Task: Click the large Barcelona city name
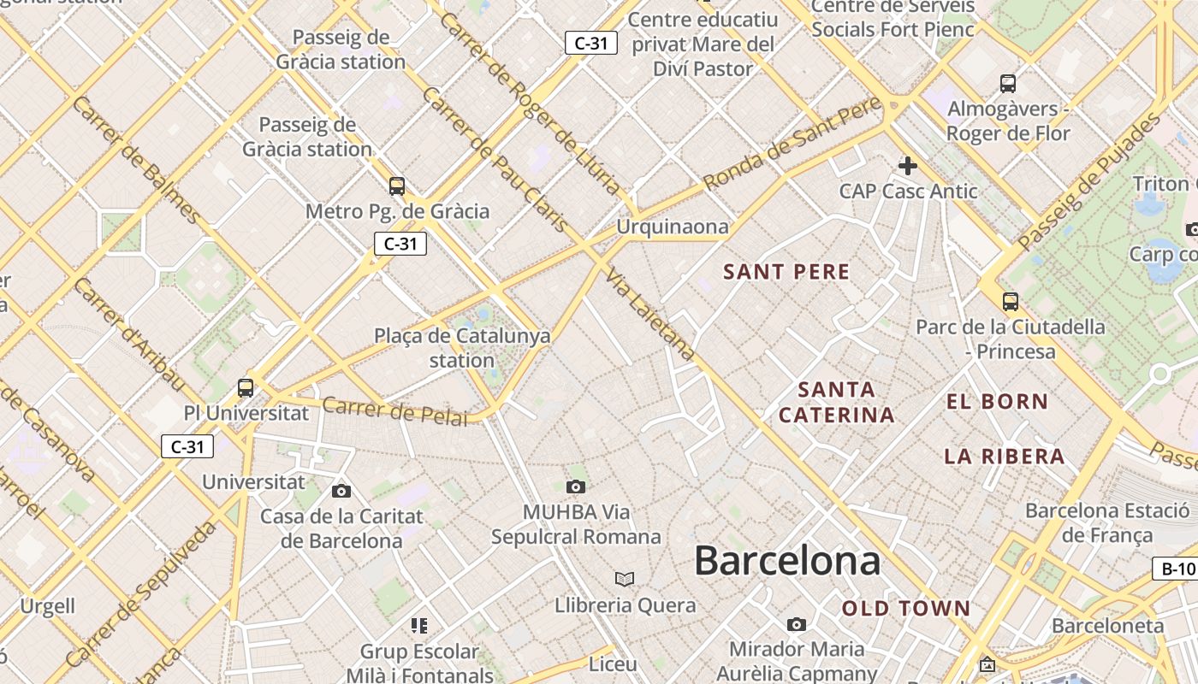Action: (x=787, y=562)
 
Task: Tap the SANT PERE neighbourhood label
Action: (x=786, y=273)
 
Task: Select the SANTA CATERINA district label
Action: (x=836, y=403)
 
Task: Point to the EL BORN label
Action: (x=997, y=401)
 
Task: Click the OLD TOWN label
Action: (x=906, y=609)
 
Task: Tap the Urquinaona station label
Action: (x=673, y=227)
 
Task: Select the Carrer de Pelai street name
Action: (x=395, y=410)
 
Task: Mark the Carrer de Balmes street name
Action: (x=137, y=160)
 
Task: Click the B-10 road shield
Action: (x=1178, y=569)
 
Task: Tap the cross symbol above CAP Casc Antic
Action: (x=907, y=166)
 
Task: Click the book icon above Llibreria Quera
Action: (x=625, y=580)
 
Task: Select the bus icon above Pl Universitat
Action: (x=246, y=387)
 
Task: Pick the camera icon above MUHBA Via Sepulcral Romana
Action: (x=576, y=486)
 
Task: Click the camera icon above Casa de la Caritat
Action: (x=341, y=491)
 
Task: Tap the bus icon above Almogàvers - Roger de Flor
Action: (x=1008, y=84)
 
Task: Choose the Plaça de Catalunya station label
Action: (x=462, y=348)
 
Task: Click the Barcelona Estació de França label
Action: (x=1107, y=523)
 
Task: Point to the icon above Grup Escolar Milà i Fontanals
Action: (x=418, y=626)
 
